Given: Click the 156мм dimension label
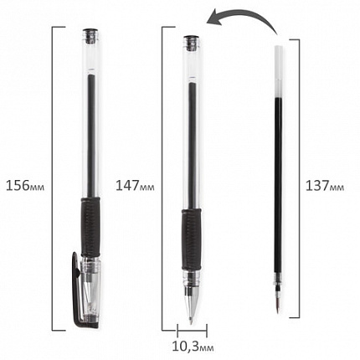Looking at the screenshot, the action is click(25, 185).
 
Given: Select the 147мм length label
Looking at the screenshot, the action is click(135, 185).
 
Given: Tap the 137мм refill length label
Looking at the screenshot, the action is click(325, 186).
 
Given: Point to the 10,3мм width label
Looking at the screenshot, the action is click(193, 347).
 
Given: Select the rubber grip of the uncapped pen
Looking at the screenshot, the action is click(191, 239).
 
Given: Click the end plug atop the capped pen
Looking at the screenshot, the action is click(91, 35).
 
